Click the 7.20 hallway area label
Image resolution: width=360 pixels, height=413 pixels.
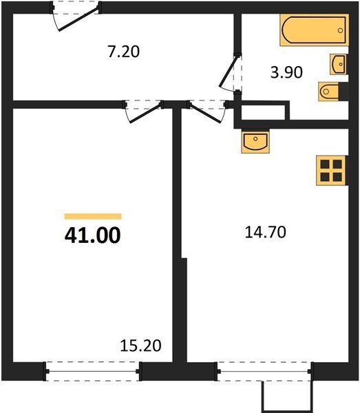click(124, 51)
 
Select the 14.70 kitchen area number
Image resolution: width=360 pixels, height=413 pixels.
click(265, 232)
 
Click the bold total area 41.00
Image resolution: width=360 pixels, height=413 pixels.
click(92, 235)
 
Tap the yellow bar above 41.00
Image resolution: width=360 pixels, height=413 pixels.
click(92, 216)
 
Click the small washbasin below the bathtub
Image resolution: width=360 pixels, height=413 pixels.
click(339, 63)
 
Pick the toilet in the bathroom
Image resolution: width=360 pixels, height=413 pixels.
click(328, 90)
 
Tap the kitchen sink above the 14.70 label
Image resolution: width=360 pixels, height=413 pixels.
click(255, 142)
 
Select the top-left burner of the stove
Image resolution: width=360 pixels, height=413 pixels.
click(324, 164)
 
